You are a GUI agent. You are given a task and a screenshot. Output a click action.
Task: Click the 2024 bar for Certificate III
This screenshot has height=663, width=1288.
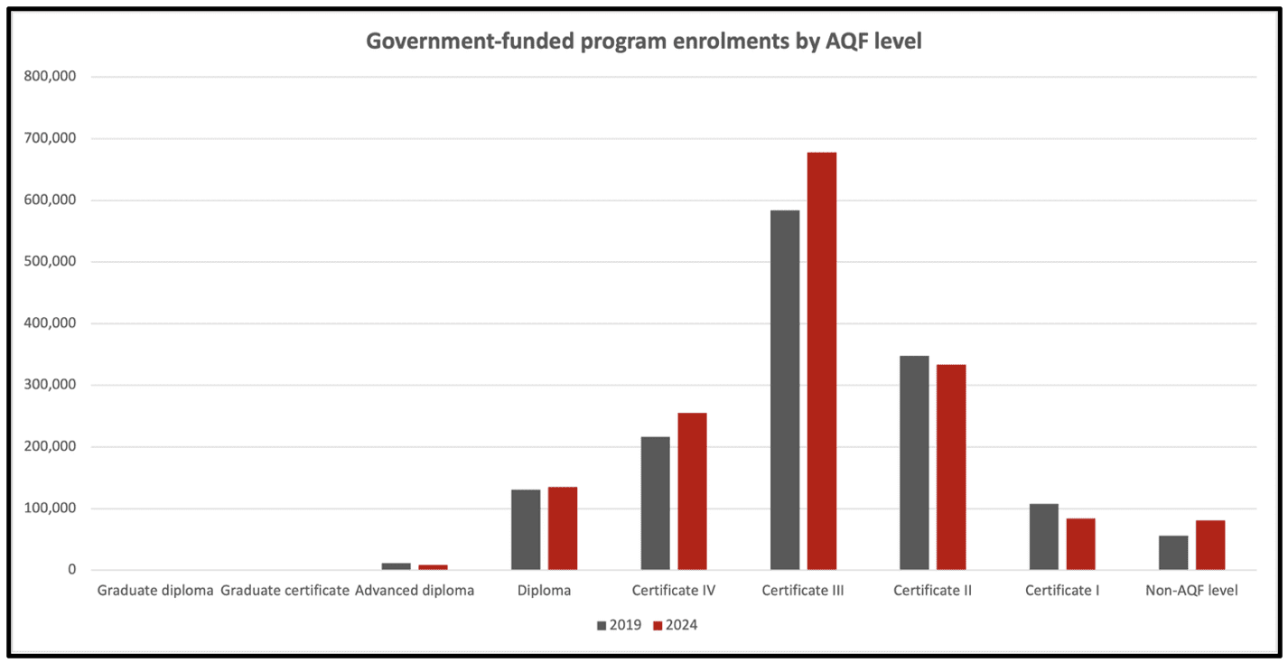822,361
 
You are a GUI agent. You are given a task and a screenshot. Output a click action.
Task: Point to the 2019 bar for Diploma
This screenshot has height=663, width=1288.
526,529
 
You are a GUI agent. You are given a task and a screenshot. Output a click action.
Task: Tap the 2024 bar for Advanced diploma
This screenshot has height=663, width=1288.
433,567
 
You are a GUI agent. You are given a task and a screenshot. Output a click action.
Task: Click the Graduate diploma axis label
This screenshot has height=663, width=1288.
155,592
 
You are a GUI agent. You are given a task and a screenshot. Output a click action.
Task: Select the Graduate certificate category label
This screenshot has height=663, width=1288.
285,592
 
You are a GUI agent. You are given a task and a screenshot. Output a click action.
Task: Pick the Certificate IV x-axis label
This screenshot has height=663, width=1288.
674,592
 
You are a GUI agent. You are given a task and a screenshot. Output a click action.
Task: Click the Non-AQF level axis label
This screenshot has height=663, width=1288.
1198,592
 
